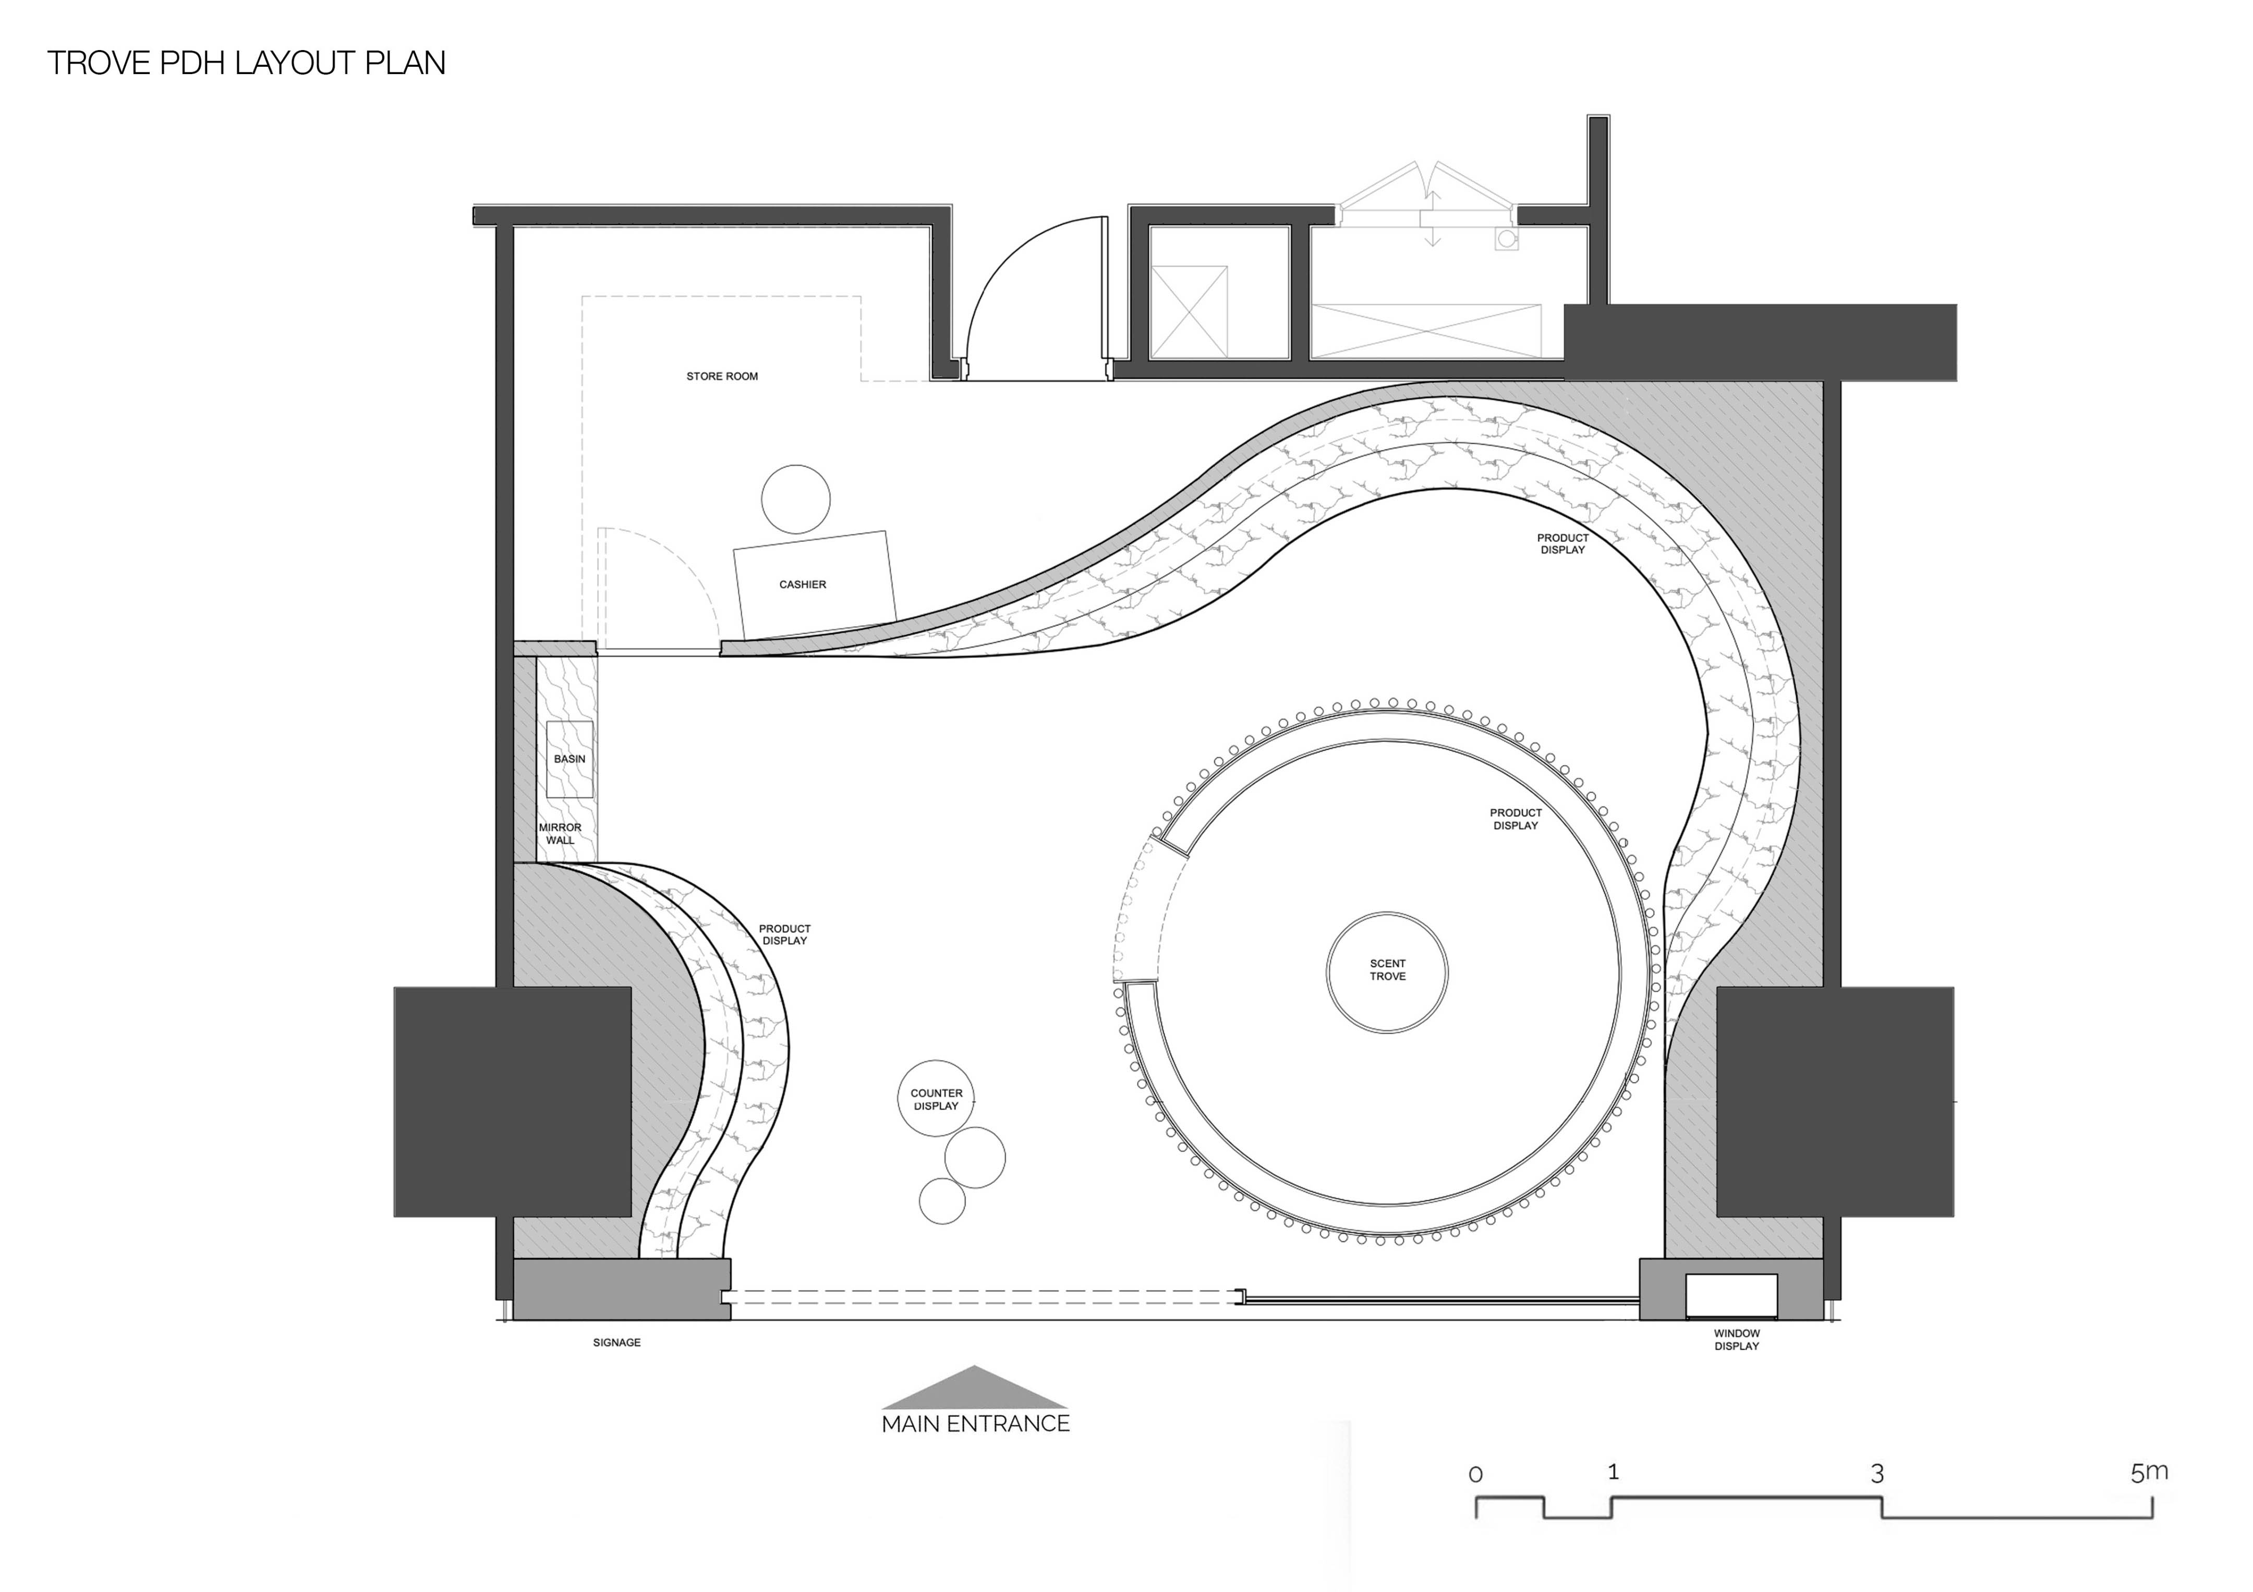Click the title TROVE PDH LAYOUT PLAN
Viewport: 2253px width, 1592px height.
[246, 63]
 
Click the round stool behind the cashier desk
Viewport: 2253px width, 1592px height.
[796, 499]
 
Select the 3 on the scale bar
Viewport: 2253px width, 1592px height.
[1877, 1473]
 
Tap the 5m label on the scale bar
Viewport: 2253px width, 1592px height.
[2149, 1473]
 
